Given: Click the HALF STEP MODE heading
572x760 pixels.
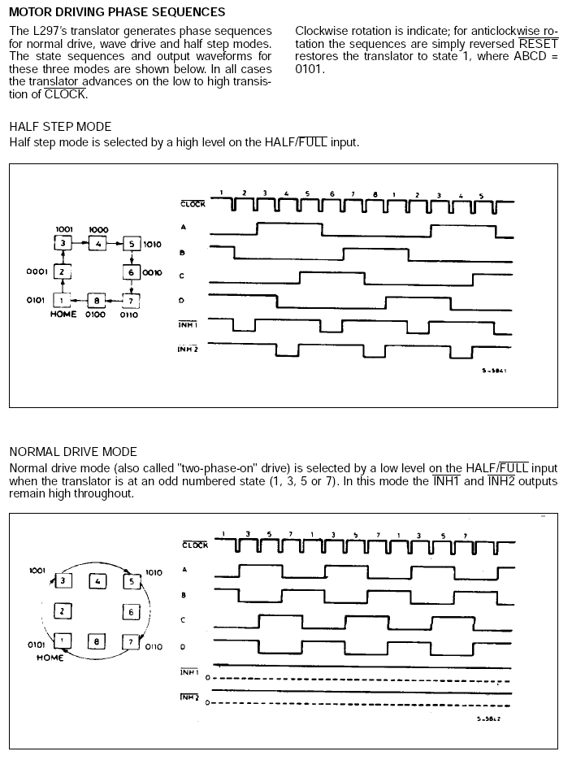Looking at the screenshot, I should point(60,127).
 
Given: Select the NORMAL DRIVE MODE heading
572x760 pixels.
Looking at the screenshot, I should point(73,452).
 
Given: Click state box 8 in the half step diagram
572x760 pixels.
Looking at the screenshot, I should point(97,301).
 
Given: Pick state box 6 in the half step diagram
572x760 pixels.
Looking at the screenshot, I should point(131,271).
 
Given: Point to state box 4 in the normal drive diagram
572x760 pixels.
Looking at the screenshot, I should point(97,581).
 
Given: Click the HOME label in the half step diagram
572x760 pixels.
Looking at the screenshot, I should point(63,315).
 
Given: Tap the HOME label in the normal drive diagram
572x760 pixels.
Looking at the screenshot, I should point(50,657).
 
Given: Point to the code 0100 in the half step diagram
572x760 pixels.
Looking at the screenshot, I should point(95,315).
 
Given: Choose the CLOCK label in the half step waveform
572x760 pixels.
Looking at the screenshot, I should point(193,203).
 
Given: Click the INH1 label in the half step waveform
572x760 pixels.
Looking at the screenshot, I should point(188,325).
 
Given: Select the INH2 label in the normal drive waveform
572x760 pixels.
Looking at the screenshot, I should point(188,697).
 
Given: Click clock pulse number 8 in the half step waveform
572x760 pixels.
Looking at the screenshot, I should point(375,194).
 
